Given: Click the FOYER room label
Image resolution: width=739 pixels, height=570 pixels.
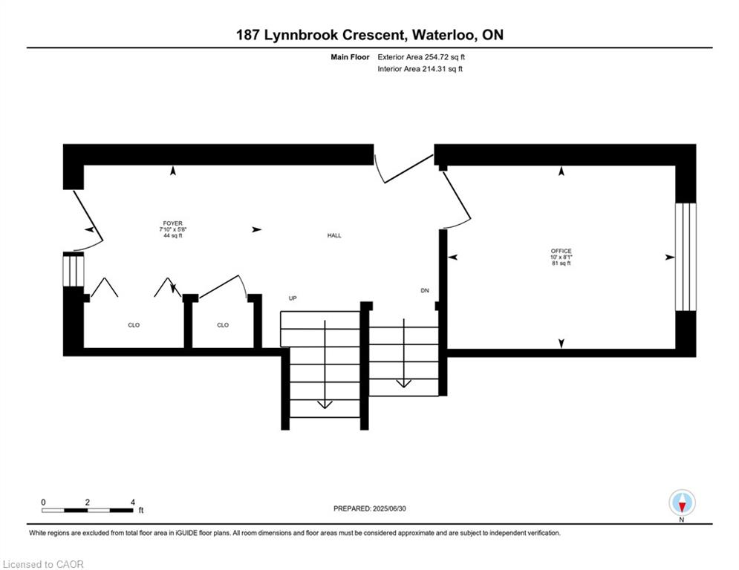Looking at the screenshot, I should pyautogui.click(x=172, y=223).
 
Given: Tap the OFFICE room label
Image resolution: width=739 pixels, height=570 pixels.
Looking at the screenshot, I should pyautogui.click(x=561, y=251).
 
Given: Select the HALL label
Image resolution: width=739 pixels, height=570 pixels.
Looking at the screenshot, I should pyautogui.click(x=334, y=235).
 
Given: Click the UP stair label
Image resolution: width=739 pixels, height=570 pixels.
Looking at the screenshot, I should pyautogui.click(x=293, y=298).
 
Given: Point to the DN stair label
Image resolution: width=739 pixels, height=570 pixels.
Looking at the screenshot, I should pyautogui.click(x=425, y=290).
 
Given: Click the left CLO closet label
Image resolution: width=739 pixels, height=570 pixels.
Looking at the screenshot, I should pyautogui.click(x=134, y=325).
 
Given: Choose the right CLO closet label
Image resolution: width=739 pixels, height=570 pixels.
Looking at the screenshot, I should pyautogui.click(x=223, y=325).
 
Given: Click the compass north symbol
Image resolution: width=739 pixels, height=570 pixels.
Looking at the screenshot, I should pyautogui.click(x=682, y=503).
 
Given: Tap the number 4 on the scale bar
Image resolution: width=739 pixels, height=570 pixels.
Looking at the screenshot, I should pyautogui.click(x=132, y=502).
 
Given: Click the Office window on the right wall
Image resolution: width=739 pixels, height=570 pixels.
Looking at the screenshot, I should pyautogui.click(x=686, y=257).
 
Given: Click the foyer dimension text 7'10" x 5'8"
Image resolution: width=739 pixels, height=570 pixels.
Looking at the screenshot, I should pyautogui.click(x=172, y=229).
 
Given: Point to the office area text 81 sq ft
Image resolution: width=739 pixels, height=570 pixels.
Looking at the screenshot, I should pyautogui.click(x=561, y=263).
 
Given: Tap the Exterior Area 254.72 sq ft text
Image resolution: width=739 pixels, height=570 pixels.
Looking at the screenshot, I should pyautogui.click(x=422, y=56).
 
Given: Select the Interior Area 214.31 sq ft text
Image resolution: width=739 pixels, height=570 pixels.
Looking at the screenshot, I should pyautogui.click(x=420, y=69).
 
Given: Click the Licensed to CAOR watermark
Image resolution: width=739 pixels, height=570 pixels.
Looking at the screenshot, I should pyautogui.click(x=43, y=564).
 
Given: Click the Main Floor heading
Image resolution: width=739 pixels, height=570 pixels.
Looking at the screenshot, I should pyautogui.click(x=351, y=56).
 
